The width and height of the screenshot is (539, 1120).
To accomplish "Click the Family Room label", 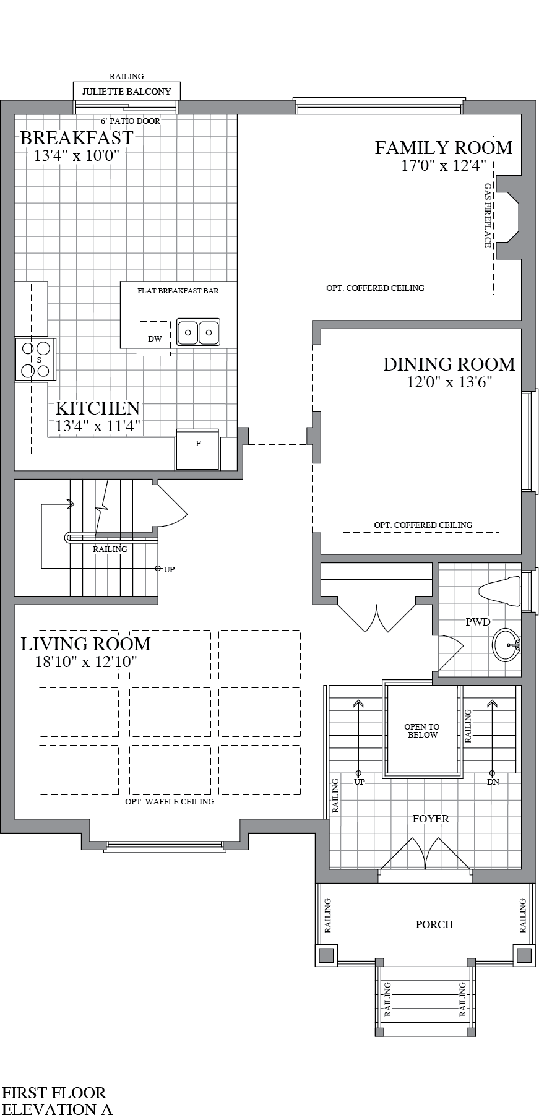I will tap(443, 148).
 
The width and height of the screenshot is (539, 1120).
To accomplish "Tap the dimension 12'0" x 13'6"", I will tap(449, 382).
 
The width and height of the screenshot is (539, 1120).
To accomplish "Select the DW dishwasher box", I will tap(154, 338).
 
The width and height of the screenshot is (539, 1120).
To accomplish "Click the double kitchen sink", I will tap(198, 332).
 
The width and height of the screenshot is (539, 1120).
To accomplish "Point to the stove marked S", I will tap(35, 359).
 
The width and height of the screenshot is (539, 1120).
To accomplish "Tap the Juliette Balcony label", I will tap(126, 92).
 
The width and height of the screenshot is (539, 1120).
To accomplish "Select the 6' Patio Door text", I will tap(130, 121).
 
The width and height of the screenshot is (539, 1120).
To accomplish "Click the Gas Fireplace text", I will tap(488, 215).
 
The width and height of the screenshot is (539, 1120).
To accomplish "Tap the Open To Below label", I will tap(422, 731).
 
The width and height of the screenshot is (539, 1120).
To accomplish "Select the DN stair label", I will tap(493, 782).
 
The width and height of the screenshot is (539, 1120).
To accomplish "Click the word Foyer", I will tap(431, 819).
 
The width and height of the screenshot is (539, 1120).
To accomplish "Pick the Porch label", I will tap(434, 924).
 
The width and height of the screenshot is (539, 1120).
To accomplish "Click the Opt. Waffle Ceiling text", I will tap(169, 801).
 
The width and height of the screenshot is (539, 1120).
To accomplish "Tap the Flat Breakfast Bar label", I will tap(178, 291).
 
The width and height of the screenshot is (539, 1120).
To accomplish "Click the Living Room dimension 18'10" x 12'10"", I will tap(86, 661).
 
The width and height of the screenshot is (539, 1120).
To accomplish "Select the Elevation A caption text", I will tap(57, 1109).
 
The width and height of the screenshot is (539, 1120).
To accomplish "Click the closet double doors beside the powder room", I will tap(376, 616).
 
